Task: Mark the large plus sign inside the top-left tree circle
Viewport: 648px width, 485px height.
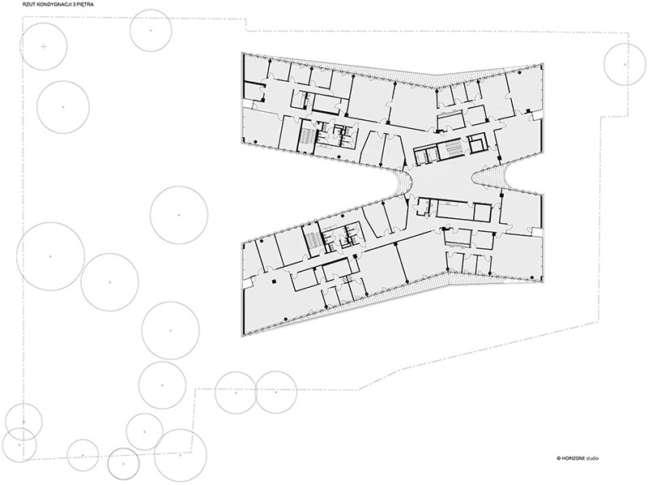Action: coord(44,46)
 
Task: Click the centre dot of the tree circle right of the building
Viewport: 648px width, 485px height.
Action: coord(625,64)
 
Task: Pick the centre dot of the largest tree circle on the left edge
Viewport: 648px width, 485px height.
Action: coord(50,256)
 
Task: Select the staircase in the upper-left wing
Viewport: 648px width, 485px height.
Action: coord(307,135)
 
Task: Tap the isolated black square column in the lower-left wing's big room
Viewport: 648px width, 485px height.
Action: coord(274,281)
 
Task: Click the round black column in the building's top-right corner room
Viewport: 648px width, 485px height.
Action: coord(519,73)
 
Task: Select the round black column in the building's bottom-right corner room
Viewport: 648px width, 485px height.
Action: coord(504,281)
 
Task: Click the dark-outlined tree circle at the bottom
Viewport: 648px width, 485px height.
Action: coord(123,463)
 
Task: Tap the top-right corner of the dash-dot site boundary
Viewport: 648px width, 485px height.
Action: coord(629,33)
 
